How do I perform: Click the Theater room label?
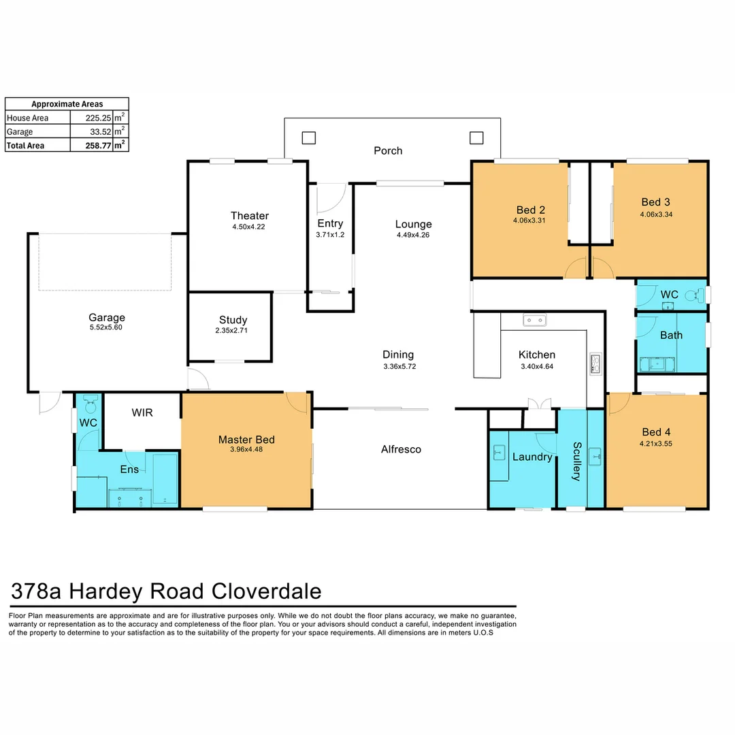coord(249,216)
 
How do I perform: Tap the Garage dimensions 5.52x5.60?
coord(107,327)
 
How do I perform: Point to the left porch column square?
coord(309,138)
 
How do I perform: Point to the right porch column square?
coord(476,138)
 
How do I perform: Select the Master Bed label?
coord(246,440)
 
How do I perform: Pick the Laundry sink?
coord(497,451)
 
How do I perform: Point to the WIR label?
coord(142,413)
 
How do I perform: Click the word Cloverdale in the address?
coord(266,591)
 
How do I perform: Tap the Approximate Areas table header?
coord(67,104)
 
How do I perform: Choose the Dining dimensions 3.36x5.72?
coord(398,365)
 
